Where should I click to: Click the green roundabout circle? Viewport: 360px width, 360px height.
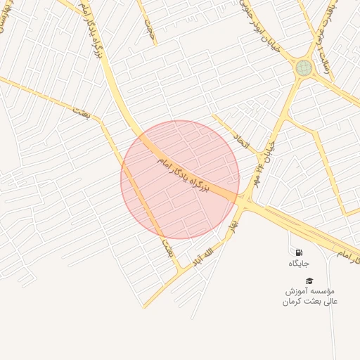(304, 67)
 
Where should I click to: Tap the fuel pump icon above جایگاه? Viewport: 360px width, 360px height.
(299, 252)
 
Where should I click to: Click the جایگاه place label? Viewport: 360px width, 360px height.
(299, 264)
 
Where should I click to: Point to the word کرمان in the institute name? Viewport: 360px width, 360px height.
(296, 302)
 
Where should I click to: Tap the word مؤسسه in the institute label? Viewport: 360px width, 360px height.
(322, 290)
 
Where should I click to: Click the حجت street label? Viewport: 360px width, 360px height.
(148, 27)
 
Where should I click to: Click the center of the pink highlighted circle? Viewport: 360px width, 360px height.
(180, 180)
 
